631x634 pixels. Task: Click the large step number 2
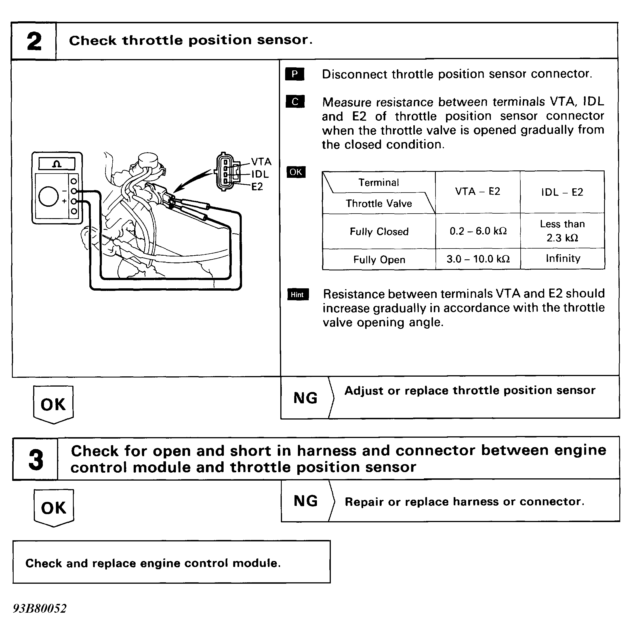(34, 42)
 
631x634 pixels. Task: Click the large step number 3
(36, 459)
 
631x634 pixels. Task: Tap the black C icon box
(295, 102)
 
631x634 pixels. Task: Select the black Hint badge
(297, 295)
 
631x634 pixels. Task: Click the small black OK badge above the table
(296, 172)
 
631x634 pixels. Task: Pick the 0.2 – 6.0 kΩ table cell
(478, 231)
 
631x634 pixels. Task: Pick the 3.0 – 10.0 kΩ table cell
(478, 259)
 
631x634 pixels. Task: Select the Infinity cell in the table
(563, 258)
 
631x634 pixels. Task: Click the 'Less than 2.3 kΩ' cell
(563, 231)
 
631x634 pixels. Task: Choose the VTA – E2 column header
(478, 192)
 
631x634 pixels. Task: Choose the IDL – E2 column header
(562, 192)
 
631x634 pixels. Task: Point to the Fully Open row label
(379, 260)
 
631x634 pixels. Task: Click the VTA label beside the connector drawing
(261, 162)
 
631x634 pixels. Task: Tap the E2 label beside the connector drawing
(257, 187)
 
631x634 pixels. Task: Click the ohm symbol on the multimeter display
(57, 164)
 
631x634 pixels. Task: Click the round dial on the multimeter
(49, 197)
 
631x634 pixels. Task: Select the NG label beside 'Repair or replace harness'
(306, 501)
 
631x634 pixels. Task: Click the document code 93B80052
(40, 608)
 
